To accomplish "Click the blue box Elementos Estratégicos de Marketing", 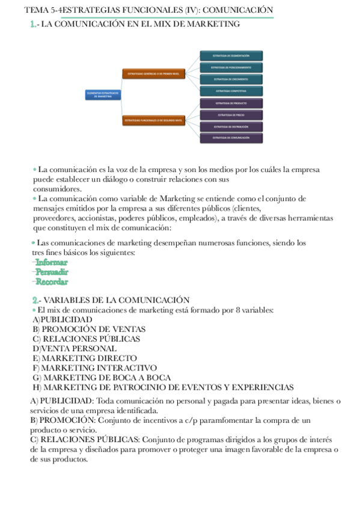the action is pos(102,94).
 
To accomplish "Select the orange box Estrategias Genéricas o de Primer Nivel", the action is pos(153,74).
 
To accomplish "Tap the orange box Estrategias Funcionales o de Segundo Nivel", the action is pos(153,120).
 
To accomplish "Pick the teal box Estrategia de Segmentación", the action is pos(231,56).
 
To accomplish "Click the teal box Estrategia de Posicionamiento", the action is pos(231,67).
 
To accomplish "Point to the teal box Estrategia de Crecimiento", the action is pos(231,79).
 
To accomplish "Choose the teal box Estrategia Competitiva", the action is pos(231,91).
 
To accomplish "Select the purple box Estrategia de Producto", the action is pos(231,103).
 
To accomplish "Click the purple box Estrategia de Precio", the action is pos(231,114).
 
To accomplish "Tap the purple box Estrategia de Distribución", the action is pos(231,127).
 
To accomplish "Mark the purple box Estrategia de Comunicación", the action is pos(231,138).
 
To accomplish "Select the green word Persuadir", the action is pos(52,272).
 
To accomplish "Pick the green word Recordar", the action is pos(52,281).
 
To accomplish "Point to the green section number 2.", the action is pos(35,300).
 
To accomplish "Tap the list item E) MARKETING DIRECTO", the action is pos(85,358).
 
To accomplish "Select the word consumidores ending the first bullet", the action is pos(56,189).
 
